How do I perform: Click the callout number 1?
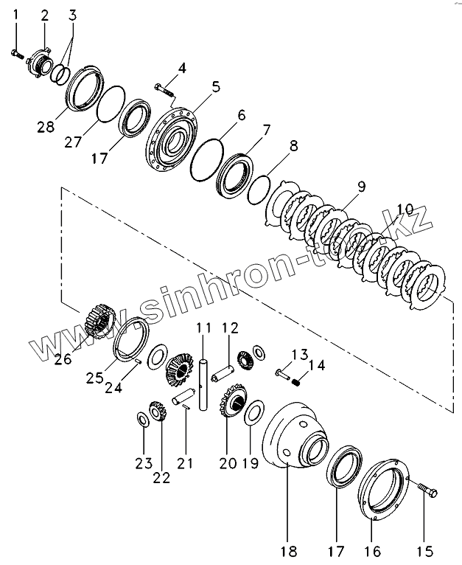[17, 13]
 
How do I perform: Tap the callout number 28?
[46, 128]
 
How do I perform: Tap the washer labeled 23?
[141, 420]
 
